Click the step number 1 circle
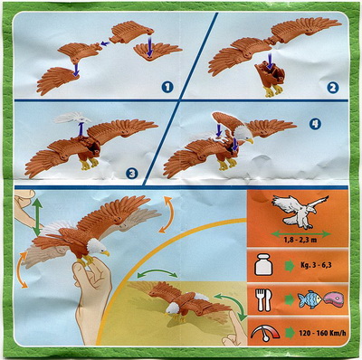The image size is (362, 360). tap(167, 88)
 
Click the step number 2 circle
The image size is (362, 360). tap(332, 88)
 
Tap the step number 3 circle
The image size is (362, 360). tap(132, 173)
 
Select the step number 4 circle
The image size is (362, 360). tap(315, 124)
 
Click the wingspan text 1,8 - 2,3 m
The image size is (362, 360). tap(300, 241)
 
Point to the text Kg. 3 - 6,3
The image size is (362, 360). tap(313, 266)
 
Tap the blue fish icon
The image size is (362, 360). tap(310, 300)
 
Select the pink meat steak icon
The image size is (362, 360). tap(333, 299)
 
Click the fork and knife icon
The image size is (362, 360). tap(264, 300)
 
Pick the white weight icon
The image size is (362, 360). tap(263, 266)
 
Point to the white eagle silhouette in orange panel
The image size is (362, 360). tap(300, 210)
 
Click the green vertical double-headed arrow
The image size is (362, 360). tap(37, 218)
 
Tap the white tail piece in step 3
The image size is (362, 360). tap(72, 118)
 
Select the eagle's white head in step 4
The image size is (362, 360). tap(243, 133)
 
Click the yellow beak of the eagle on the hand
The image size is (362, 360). tap(106, 253)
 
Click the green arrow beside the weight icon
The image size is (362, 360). tap(290, 266)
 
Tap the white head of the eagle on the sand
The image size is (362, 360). tap(173, 308)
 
